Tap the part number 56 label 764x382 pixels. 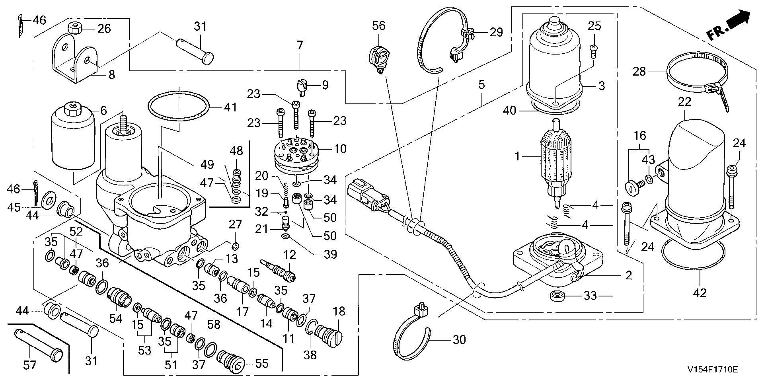[x=378, y=26]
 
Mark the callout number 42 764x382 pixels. [x=700, y=293]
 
